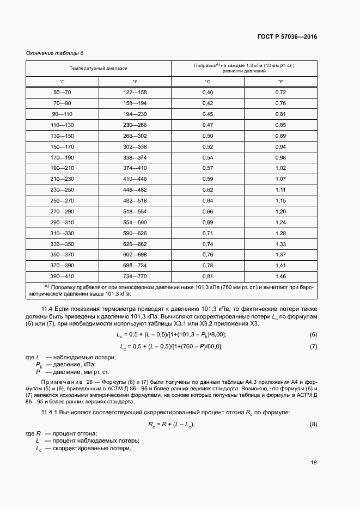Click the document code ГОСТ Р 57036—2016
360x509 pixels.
coord(287,37)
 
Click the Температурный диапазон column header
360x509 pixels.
coord(99,69)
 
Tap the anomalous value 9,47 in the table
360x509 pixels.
coord(207,125)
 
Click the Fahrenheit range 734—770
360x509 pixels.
coord(135,276)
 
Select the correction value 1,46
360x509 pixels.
coord(280,276)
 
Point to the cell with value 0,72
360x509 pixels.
coord(280,93)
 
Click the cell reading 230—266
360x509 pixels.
coord(135,125)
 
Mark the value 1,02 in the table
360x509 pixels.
coord(280,168)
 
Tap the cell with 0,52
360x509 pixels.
coord(207,146)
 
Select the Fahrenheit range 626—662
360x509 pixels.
coord(135,243)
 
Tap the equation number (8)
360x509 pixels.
coord(313,424)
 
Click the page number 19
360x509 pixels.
coord(313,463)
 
